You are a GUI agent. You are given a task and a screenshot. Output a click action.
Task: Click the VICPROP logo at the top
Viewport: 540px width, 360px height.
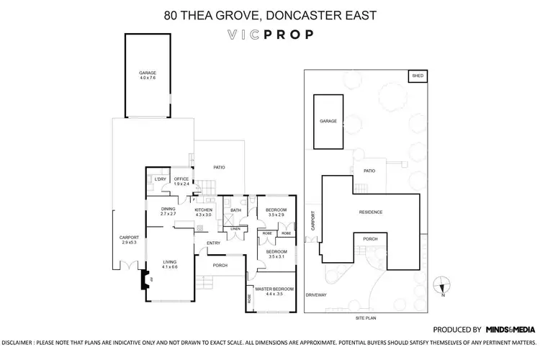coord(269,33)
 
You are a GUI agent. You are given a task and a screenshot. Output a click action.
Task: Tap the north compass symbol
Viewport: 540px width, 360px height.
coord(444,285)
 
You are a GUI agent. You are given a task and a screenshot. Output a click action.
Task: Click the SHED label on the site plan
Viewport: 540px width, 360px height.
coord(416,76)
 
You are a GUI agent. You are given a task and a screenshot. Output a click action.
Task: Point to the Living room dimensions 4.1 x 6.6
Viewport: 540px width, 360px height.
coord(170,267)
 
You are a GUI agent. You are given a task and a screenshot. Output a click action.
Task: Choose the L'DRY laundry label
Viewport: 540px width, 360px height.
coord(160,179)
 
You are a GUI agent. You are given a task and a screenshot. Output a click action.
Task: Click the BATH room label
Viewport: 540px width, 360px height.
coord(235,210)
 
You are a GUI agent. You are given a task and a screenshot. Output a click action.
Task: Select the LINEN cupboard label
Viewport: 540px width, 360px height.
coord(235,230)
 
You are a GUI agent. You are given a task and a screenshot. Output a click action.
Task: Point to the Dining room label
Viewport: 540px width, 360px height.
coord(168,210)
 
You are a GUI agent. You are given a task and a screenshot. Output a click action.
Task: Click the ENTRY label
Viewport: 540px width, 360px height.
coord(213,243)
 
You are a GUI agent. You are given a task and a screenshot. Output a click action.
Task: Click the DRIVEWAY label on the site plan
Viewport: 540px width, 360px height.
coord(316,294)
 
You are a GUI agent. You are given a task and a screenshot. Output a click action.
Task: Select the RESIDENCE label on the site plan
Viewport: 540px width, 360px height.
coord(371,212)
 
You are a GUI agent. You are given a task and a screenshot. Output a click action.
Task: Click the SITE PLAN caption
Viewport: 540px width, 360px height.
coord(367,318)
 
